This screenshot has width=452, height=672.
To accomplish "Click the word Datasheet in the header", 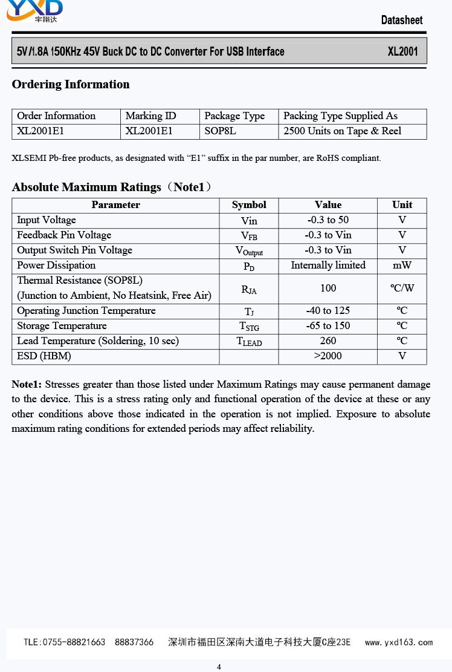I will (x=402, y=20).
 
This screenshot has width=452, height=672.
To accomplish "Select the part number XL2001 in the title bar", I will (x=402, y=51).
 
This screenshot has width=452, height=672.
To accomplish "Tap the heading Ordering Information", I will (x=71, y=84).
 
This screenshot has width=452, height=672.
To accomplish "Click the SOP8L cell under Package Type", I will (x=220, y=131).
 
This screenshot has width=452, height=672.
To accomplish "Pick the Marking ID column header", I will (x=150, y=116).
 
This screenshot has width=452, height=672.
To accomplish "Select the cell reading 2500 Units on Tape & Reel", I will (x=342, y=131).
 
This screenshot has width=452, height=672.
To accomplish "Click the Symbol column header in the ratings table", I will (x=249, y=205).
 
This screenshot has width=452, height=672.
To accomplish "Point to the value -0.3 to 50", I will (x=328, y=220).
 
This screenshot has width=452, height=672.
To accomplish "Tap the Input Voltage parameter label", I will (x=47, y=220).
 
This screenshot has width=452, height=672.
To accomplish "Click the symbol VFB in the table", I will (x=249, y=236).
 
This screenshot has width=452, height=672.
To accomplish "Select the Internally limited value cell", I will (x=328, y=266).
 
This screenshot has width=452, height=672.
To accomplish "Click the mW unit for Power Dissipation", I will (x=402, y=266).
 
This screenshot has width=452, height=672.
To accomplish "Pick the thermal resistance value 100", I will (x=328, y=289).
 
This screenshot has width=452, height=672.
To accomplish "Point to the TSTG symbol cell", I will (x=249, y=327).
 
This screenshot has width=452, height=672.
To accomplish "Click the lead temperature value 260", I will (x=328, y=341).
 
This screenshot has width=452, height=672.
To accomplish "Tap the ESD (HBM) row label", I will (x=44, y=356).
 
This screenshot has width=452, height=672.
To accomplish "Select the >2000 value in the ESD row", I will (x=328, y=356).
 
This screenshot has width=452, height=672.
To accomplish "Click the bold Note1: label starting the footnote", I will (x=27, y=384).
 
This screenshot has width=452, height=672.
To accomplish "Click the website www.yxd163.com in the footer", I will (x=399, y=642).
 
